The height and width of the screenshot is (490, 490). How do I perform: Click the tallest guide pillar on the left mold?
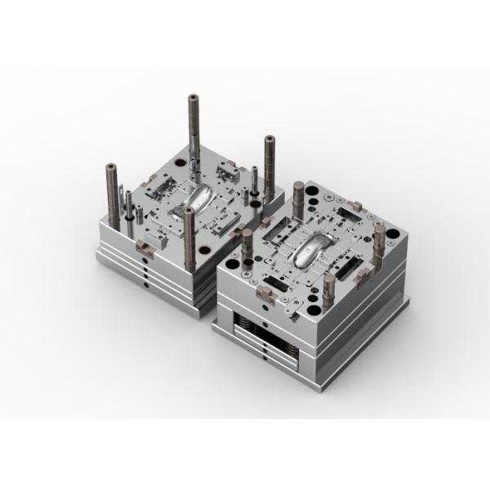tap(194, 131)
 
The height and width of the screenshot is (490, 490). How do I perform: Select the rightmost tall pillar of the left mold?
tap(268, 163)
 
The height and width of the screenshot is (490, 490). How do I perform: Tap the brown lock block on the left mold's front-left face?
tap(144, 247)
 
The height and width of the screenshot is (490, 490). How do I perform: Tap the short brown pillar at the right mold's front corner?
tap(328, 287)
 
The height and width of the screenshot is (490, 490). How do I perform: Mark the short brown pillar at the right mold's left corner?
tap(247, 243)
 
